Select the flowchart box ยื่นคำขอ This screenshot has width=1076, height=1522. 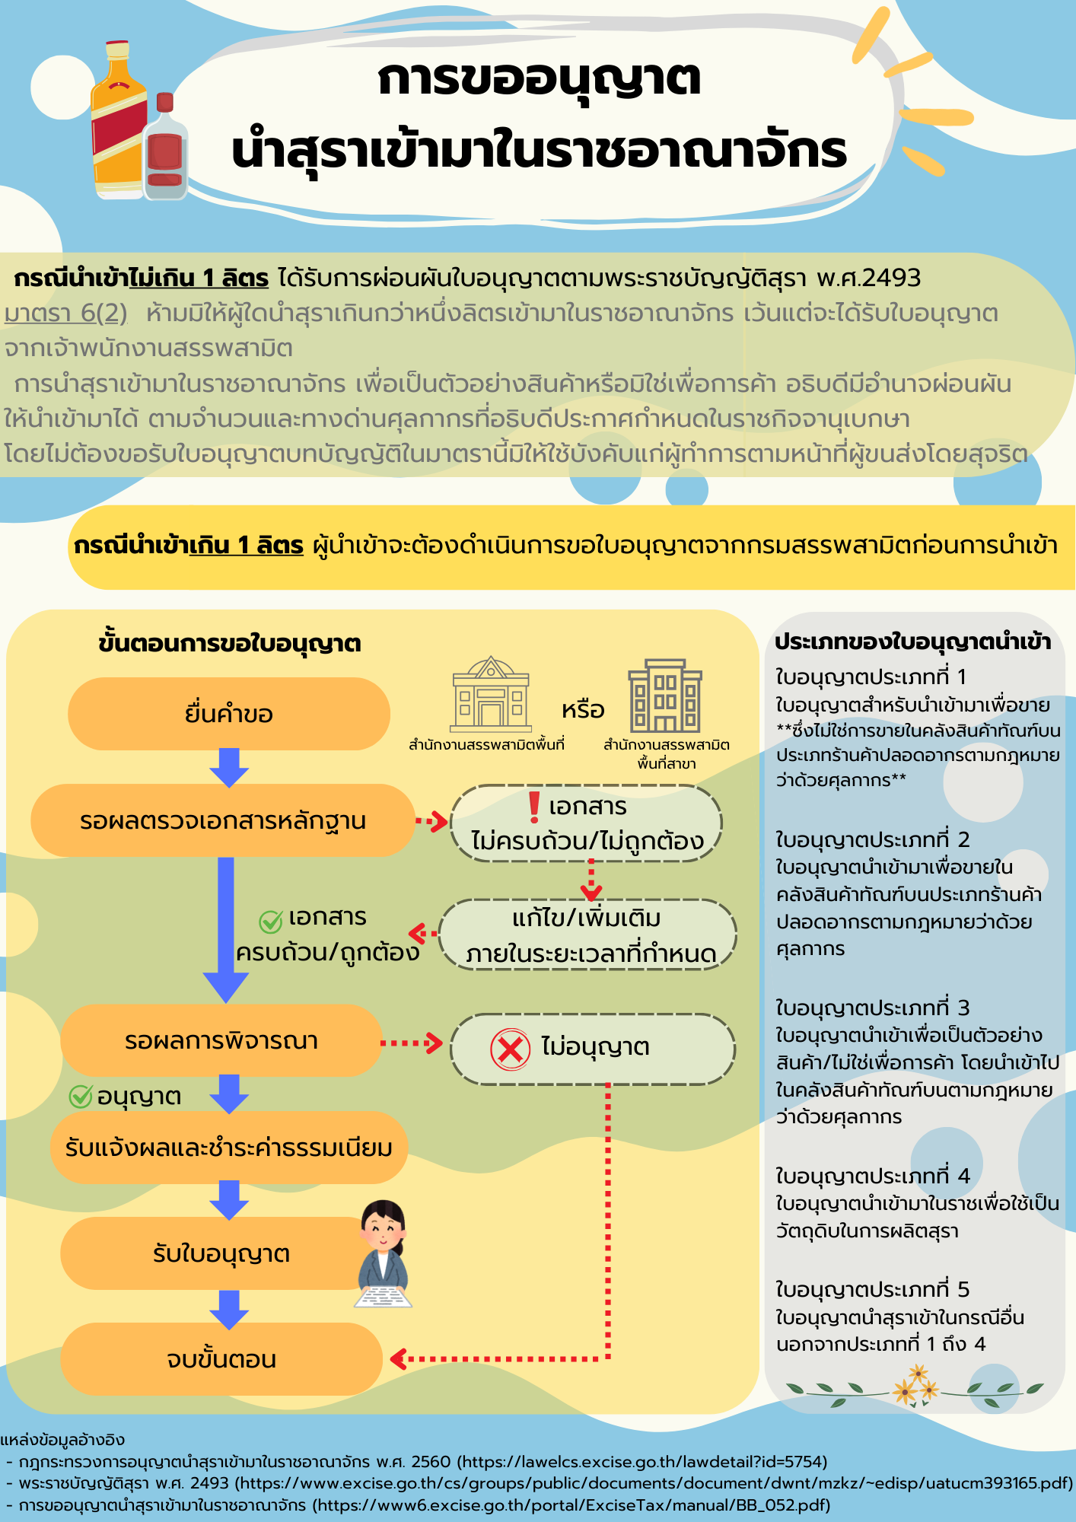tap(229, 714)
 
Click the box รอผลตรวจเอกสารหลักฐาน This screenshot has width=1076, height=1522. tap(223, 820)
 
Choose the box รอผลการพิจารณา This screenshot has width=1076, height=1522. tap(221, 1040)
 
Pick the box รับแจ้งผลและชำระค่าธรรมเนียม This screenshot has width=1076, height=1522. tap(229, 1147)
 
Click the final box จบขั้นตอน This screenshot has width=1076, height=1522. tap(221, 1359)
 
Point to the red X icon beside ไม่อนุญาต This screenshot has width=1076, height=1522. tap(510, 1049)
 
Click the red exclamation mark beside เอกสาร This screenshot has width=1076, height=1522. tap(534, 807)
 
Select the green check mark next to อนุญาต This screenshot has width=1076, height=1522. tap(81, 1096)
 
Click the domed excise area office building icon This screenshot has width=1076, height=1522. tap(491, 693)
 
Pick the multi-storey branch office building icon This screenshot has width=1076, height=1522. tap(665, 696)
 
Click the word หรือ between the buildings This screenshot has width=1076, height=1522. tap(583, 710)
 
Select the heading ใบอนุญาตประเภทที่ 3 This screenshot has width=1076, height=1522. tap(872, 1008)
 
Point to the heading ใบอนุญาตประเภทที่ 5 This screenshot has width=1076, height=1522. tap(872, 1289)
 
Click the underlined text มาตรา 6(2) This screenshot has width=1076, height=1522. tap(65, 313)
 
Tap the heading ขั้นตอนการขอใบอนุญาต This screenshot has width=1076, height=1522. tap(229, 643)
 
